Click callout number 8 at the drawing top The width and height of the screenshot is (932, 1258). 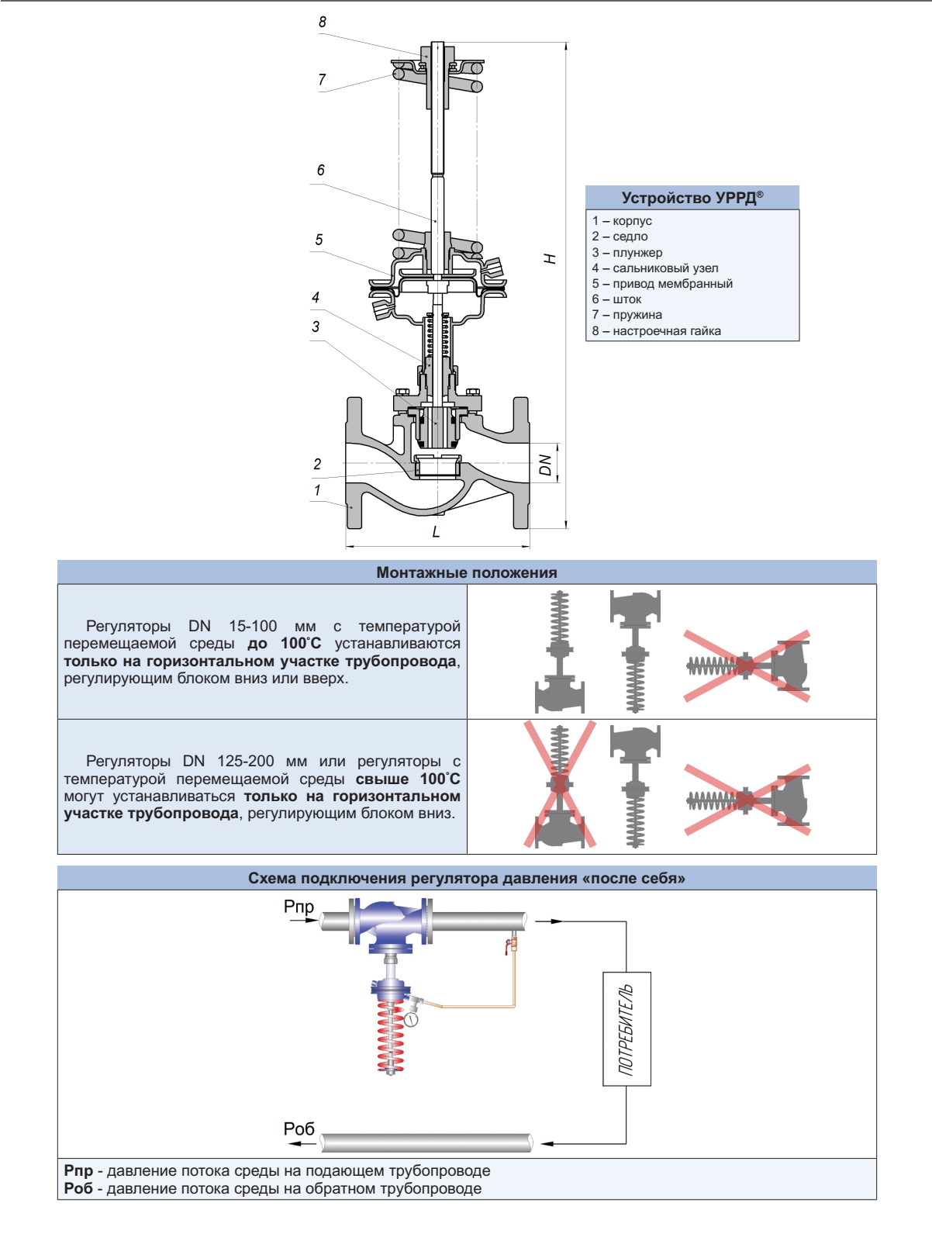(x=323, y=22)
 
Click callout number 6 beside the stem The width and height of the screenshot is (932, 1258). (x=321, y=171)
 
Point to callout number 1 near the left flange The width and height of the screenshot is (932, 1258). (x=317, y=490)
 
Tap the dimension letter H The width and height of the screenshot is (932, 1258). (x=550, y=258)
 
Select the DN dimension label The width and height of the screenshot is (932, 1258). (x=546, y=465)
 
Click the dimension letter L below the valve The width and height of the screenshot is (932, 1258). (x=436, y=532)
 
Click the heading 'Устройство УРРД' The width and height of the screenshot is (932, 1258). (x=692, y=198)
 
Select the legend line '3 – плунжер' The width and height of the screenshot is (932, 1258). (x=627, y=252)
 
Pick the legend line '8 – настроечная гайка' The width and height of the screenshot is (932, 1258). (x=656, y=331)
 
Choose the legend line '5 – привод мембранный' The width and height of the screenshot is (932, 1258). (x=662, y=284)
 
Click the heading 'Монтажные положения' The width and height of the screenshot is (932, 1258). (x=466, y=572)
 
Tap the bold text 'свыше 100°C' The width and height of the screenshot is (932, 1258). (x=408, y=779)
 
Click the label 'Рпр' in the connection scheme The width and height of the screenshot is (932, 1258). (x=299, y=907)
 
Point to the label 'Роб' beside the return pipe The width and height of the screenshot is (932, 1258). (x=299, y=1128)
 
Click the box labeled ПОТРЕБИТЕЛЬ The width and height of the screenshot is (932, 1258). (x=627, y=1028)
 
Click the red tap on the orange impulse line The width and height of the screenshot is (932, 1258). (x=510, y=944)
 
